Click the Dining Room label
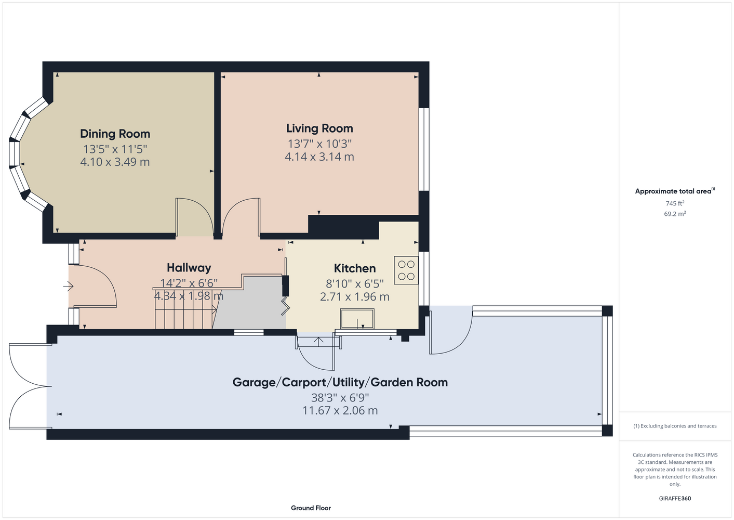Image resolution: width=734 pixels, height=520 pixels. click(115, 134)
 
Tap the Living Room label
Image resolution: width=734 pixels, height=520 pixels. click(319, 128)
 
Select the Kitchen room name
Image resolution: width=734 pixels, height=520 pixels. click(355, 268)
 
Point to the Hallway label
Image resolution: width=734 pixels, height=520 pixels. click(189, 268)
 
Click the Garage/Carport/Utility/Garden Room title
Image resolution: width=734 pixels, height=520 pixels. click(340, 382)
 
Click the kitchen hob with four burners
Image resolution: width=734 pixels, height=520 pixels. click(406, 270)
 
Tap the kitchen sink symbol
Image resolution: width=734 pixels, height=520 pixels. click(357, 319)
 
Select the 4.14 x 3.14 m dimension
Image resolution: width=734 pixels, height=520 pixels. click(319, 157)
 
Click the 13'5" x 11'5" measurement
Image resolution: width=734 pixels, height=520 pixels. click(115, 149)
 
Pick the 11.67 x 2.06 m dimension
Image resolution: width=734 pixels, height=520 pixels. click(340, 410)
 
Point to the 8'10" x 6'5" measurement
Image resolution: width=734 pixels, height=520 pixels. click(355, 283)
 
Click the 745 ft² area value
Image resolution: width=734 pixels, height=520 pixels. click(675, 203)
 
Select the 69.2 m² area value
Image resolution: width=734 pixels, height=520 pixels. click(675, 214)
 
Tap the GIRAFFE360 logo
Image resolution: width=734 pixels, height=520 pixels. click(675, 498)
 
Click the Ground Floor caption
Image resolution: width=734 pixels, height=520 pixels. click(311, 508)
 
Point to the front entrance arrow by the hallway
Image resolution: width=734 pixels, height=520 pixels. click(68, 287)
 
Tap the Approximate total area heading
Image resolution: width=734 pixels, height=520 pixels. click(675, 191)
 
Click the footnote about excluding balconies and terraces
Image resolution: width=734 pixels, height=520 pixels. click(675, 426)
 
